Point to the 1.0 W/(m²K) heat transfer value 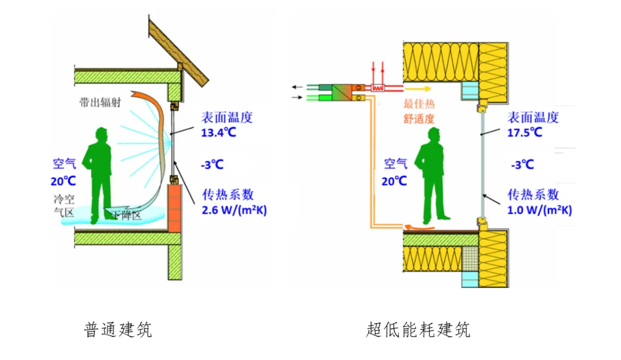point(539,210)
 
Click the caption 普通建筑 point(118,330)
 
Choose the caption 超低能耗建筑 point(418,330)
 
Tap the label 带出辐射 point(100,102)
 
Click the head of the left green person point(102,134)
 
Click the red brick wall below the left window point(176,208)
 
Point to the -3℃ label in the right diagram point(522,165)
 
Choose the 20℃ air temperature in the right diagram point(395,181)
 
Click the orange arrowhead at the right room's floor point(407,228)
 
